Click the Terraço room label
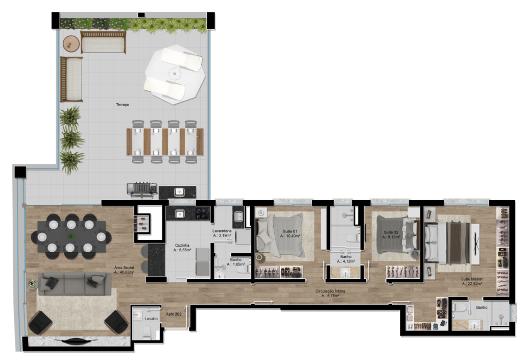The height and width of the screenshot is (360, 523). (123, 105)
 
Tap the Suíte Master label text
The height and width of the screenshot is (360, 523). (471, 279)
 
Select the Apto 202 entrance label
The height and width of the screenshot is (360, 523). (174, 314)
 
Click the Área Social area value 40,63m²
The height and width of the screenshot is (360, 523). (124, 272)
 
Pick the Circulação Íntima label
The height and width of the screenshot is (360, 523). (330, 292)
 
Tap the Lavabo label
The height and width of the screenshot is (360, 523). (151, 319)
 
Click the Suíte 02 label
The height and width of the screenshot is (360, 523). (391, 232)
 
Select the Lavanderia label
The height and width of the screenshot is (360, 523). (222, 231)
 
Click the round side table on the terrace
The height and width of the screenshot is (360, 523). (71, 44)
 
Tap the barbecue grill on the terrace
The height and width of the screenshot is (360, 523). (142, 189)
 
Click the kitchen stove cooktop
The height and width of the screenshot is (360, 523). (202, 213)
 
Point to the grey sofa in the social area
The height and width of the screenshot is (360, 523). (75, 284)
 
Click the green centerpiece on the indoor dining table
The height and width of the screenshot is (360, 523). (70, 236)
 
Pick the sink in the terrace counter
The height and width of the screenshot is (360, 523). (179, 191)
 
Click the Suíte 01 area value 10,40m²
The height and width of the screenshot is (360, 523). (290, 236)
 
